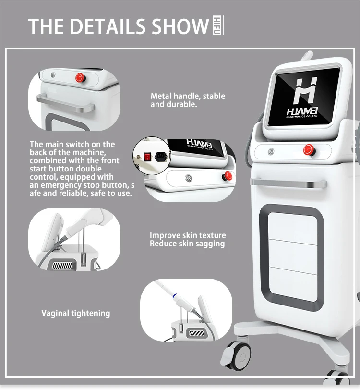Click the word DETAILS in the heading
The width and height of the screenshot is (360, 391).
click(108, 26)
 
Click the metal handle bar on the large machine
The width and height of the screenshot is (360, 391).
click(288, 182)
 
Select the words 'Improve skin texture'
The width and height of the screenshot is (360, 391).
click(188, 235)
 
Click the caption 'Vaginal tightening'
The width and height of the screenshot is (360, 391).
click(75, 313)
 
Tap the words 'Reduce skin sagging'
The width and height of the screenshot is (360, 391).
click(187, 244)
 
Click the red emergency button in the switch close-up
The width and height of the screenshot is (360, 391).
click(227, 176)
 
